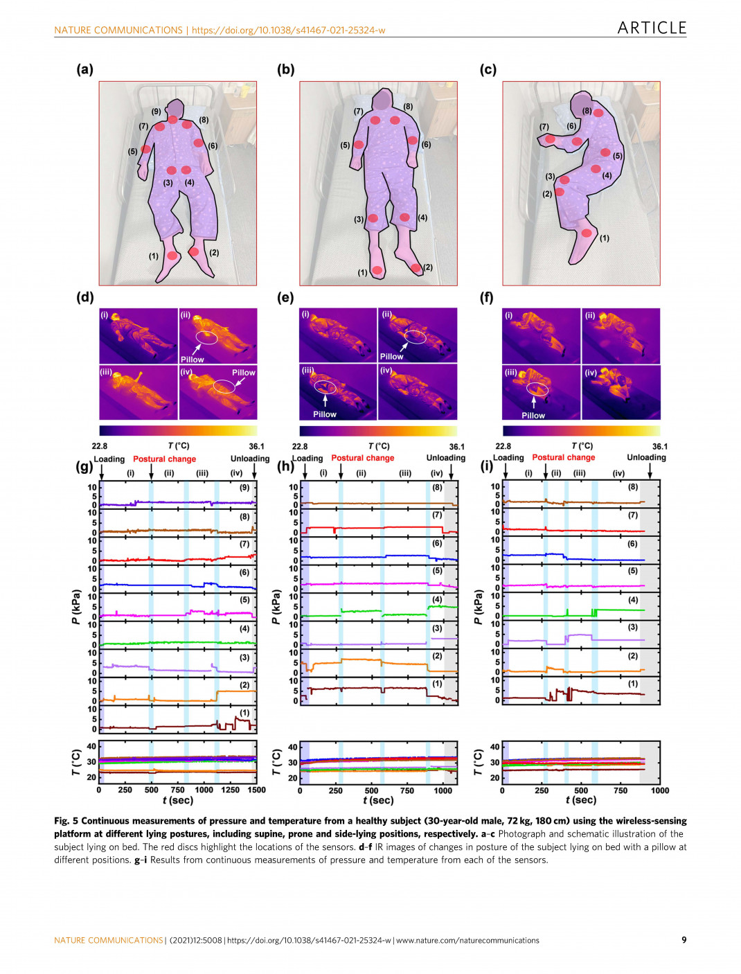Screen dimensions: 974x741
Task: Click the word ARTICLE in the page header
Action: point(651,28)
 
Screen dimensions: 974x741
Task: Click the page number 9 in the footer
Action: point(684,940)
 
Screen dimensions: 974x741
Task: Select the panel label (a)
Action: point(84,69)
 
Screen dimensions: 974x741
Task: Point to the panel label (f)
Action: point(488,297)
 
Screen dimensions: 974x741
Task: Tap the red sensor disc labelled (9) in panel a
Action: point(172,119)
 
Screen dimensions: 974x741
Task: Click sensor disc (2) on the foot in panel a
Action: point(194,251)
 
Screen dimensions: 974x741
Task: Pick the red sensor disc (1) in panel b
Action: point(377,269)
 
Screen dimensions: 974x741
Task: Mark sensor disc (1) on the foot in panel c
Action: point(587,233)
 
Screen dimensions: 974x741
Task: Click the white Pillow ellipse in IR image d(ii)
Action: point(206,337)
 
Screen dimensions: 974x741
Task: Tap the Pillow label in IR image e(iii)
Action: point(324,414)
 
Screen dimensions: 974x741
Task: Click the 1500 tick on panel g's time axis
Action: point(256,790)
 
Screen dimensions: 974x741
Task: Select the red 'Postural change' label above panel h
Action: point(362,458)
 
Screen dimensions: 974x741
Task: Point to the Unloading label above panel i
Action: point(646,457)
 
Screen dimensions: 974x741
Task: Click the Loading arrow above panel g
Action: point(102,471)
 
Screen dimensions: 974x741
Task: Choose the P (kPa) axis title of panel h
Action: point(276,607)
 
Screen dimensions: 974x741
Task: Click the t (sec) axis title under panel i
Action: point(580,800)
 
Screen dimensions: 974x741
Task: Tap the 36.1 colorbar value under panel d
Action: point(256,447)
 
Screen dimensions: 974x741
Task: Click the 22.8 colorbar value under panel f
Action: point(503,447)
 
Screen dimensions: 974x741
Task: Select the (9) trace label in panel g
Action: point(244,488)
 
